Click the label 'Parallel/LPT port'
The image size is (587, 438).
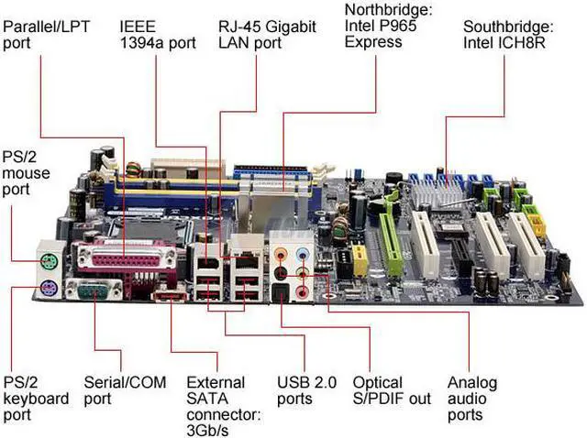coord(47,34)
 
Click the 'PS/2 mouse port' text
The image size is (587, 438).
coord(28,172)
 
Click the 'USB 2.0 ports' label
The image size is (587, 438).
coord(306,390)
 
